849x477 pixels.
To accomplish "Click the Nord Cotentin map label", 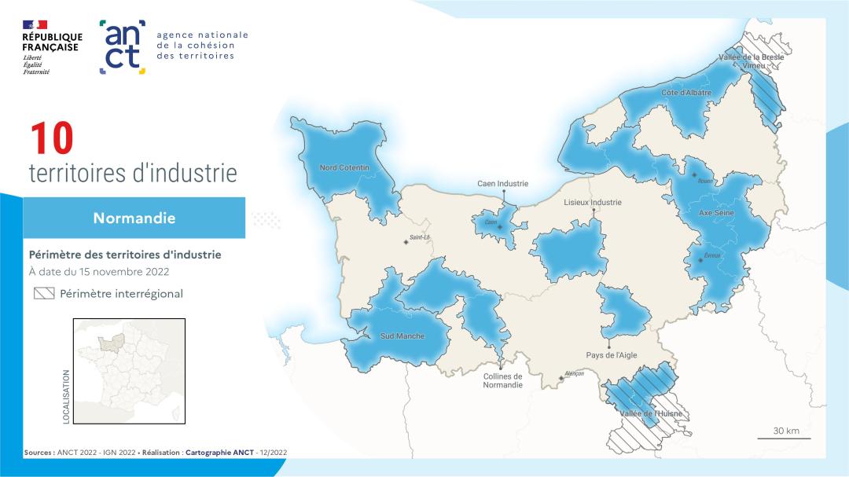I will tap(344, 167).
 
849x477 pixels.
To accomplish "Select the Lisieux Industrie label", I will tap(593, 202).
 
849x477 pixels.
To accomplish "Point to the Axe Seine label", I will tap(716, 212).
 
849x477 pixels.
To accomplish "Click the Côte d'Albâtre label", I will tap(686, 93).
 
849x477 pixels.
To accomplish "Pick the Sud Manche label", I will tap(402, 336).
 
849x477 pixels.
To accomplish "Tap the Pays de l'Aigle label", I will tap(612, 355).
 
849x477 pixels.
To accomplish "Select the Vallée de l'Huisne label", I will tap(650, 413).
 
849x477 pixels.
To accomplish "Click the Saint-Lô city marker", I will tap(406, 241).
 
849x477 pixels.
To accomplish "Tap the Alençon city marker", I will tap(560, 378).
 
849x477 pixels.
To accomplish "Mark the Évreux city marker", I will tap(700, 259).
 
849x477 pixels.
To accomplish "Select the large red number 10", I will tap(52, 139).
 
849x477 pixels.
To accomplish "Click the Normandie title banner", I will tap(134, 218).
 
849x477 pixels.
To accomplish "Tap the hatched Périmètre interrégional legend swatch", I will tap(43, 294).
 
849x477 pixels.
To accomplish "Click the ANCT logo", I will tap(123, 47).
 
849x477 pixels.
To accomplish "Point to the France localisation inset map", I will tap(129, 372).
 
